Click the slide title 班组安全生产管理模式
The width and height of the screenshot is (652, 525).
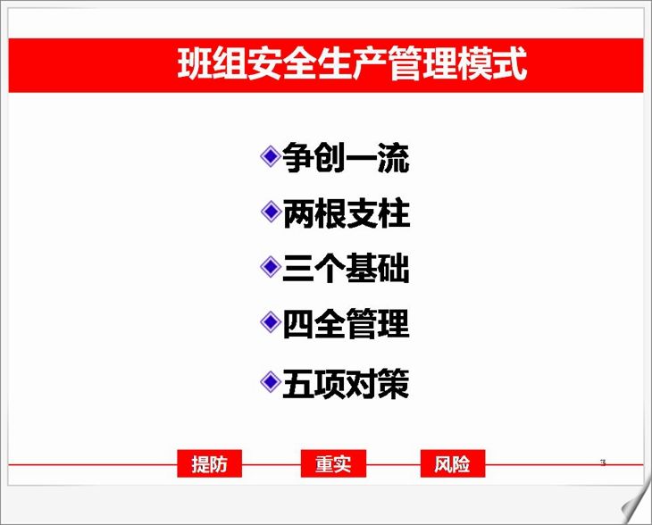point(352,63)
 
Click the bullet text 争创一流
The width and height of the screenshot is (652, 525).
point(346,157)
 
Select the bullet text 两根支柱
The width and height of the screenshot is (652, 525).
point(346,212)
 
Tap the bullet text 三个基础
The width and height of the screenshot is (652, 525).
point(346,268)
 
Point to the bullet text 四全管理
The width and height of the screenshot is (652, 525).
point(346,323)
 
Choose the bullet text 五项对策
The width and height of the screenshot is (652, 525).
point(346,383)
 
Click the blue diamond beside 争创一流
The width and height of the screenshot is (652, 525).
point(271,156)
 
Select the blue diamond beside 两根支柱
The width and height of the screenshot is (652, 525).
point(271,212)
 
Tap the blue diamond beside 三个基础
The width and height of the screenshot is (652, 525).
point(271,266)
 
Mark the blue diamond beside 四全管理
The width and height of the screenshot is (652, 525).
point(271,321)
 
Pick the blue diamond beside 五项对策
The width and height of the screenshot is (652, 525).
point(271,381)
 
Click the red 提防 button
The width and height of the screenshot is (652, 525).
point(210,463)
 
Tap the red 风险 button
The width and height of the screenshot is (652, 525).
point(453,463)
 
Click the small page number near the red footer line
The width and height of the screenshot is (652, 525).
point(603,462)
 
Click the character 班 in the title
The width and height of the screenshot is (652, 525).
point(195,63)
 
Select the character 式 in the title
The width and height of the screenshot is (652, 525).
point(510,63)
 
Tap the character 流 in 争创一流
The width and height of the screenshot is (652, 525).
point(394,157)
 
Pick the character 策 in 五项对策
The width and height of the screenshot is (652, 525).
point(394,383)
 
